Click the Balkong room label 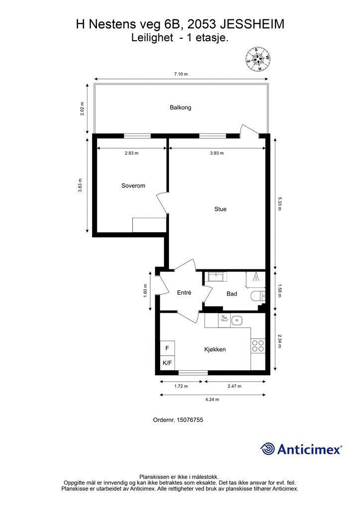180,107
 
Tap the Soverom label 133,186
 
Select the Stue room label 220,209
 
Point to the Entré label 184,292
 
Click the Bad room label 232,294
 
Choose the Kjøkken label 215,349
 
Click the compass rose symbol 258,60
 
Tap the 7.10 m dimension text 181,74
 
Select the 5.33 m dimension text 279,203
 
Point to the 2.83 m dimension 131,153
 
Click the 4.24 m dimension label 212,399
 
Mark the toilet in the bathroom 259,296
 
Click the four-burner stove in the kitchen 258,346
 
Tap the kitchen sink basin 237,321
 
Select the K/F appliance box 168,363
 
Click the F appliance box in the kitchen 168,348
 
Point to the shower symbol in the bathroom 256,279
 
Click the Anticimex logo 301,449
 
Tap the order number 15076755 189,420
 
